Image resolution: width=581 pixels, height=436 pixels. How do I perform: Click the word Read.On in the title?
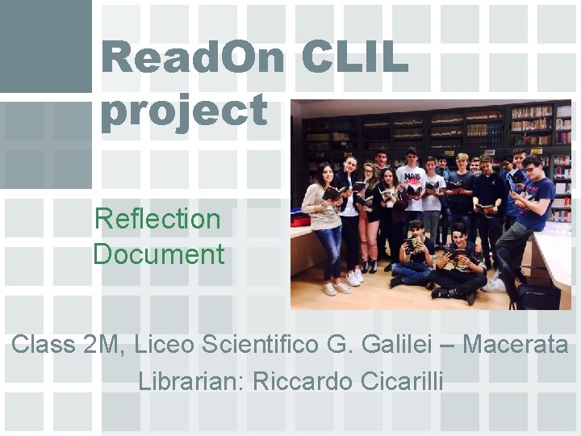pyautogui.click(x=194, y=58)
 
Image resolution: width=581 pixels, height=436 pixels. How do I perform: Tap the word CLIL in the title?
pyautogui.click(x=354, y=58)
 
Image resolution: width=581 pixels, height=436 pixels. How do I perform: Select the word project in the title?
pyautogui.click(x=184, y=111)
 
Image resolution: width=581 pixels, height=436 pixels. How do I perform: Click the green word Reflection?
pyautogui.click(x=157, y=218)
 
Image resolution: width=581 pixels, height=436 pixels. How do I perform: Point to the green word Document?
pyautogui.click(x=159, y=254)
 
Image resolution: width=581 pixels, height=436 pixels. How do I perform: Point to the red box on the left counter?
pyautogui.click(x=300, y=219)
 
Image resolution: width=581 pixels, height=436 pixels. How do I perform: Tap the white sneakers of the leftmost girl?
pyautogui.click(x=336, y=287)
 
